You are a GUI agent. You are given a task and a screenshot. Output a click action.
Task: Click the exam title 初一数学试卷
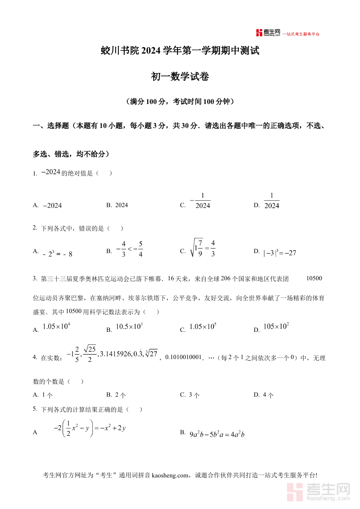point(180,77)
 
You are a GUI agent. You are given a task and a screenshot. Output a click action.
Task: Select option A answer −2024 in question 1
point(52,206)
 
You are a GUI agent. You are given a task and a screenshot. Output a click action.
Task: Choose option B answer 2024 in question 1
point(122,205)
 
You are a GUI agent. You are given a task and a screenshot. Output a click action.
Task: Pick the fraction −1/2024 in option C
point(200,201)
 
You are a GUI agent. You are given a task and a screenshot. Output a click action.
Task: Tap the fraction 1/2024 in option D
point(272,201)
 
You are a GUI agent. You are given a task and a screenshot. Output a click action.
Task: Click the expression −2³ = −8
point(58,254)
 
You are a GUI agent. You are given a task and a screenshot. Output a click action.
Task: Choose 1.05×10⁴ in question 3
point(56,326)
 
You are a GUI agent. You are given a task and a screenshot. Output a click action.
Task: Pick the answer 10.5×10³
point(129,326)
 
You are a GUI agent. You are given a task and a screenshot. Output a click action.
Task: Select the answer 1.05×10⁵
point(203,326)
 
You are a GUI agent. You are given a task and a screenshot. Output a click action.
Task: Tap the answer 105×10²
point(276,326)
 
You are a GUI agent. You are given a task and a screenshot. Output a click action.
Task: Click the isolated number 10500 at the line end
point(314,278)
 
